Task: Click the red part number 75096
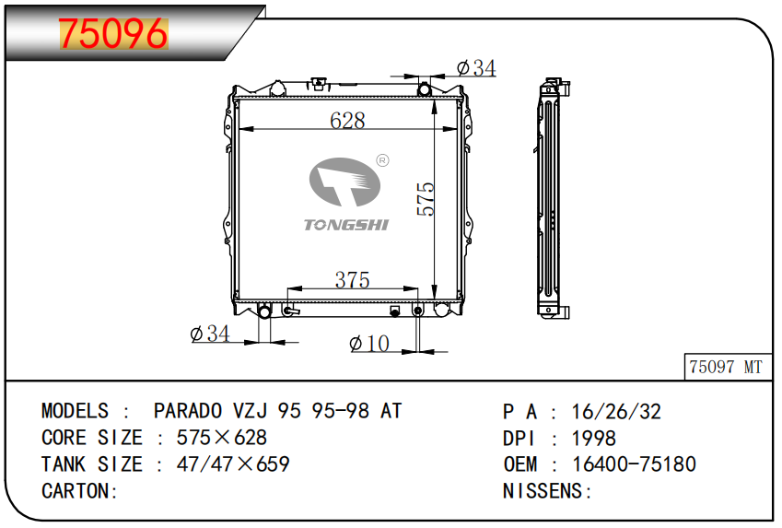pyautogui.click(x=113, y=33)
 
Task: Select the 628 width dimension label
pyautogui.click(x=347, y=121)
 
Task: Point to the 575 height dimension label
pyautogui.click(x=426, y=199)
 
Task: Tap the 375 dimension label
pyautogui.click(x=352, y=280)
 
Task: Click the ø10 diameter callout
pyautogui.click(x=369, y=344)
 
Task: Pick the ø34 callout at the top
pyautogui.click(x=476, y=68)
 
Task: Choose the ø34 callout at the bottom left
pyautogui.click(x=210, y=334)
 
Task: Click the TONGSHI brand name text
pyautogui.click(x=346, y=225)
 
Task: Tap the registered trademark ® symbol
pyautogui.click(x=382, y=160)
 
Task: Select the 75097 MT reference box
pyautogui.click(x=727, y=367)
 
